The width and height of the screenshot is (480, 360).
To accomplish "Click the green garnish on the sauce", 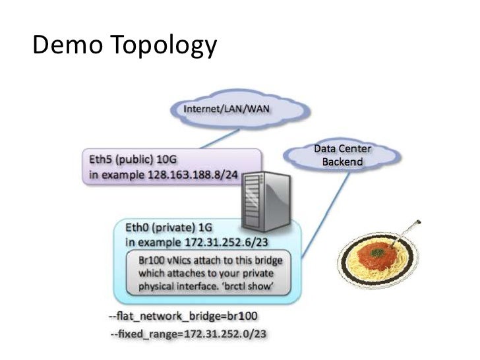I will [x=375, y=251].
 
